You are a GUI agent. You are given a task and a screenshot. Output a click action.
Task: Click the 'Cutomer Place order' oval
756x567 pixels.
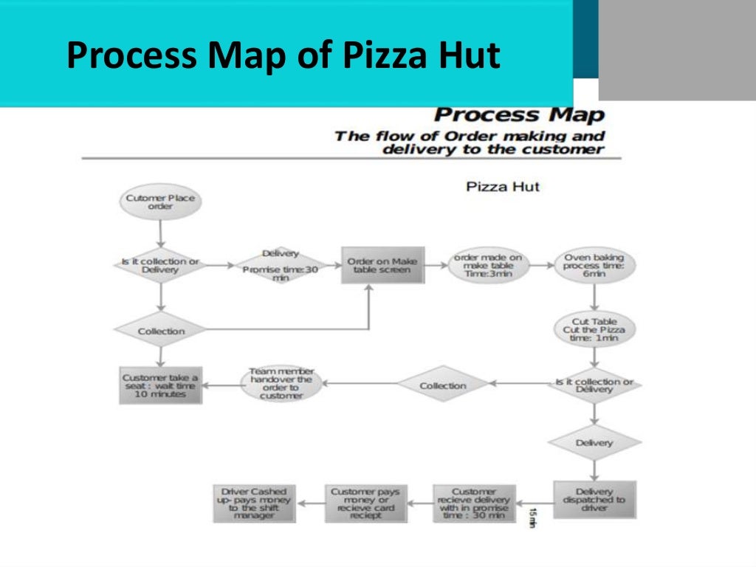click(160, 202)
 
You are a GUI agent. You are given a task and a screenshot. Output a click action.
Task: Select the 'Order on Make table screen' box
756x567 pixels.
click(383, 266)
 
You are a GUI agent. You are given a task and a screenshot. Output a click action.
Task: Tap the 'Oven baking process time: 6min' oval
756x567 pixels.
click(594, 266)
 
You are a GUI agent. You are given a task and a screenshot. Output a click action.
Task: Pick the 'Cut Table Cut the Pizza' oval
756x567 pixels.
click(594, 330)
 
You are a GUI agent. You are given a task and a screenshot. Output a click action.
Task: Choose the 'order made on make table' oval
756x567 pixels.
click(488, 266)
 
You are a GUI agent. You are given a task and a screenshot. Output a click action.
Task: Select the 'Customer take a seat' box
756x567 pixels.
click(160, 385)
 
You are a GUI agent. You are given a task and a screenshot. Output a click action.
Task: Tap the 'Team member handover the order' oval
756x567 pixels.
click(281, 384)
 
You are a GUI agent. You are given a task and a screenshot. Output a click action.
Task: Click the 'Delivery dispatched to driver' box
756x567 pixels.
click(594, 500)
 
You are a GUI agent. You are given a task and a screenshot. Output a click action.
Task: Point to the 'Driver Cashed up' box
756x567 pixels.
click(253, 504)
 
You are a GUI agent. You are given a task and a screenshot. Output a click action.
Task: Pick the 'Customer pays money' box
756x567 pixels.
click(365, 504)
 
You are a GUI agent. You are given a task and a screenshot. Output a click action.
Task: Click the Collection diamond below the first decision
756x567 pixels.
click(160, 331)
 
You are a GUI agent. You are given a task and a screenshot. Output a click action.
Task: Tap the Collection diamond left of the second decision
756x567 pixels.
click(443, 385)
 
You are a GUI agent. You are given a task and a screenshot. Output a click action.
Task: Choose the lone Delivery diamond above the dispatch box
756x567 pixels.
click(594, 442)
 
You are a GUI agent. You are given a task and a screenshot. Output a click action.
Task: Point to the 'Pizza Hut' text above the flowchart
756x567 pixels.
click(503, 186)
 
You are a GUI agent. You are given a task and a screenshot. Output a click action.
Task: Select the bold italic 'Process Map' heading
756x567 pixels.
click(519, 115)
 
